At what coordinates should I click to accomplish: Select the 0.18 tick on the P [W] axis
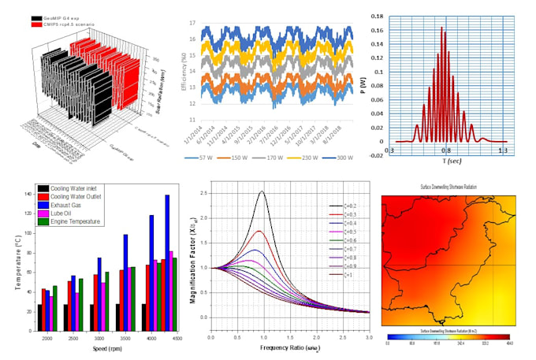pos(379,15)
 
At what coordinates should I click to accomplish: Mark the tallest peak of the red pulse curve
pos(442,28)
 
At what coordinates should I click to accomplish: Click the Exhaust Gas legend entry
pos(71,205)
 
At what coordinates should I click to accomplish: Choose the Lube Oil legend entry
pos(66,213)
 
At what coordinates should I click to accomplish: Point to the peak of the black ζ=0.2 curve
pos(261,191)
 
